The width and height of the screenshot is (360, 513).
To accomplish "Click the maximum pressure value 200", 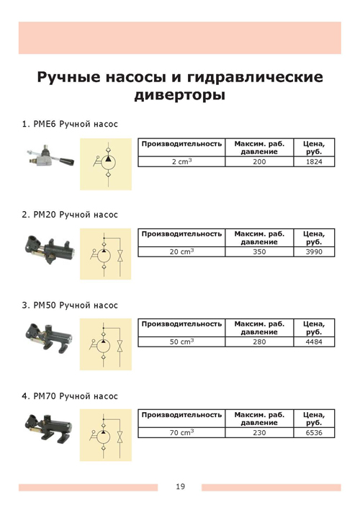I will point(260,162).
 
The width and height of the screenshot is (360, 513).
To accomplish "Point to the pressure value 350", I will point(260,252).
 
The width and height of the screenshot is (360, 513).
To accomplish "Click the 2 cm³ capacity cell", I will point(181,162).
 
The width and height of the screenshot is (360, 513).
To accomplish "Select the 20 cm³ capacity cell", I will point(181,252).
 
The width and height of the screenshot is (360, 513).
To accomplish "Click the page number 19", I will point(179,487).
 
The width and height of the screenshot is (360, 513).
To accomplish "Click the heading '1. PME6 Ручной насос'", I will point(70,125).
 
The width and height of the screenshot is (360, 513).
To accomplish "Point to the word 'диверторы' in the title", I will point(179,94).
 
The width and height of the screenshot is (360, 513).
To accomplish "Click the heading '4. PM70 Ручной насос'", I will point(70,396).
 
